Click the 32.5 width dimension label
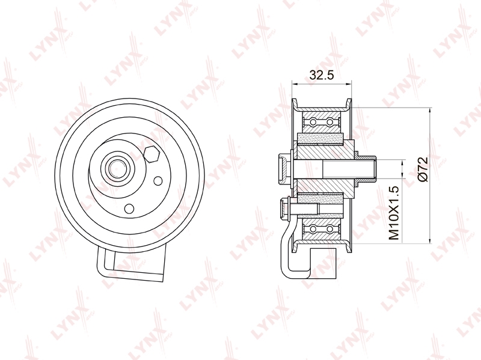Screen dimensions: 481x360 click(x=321, y=75)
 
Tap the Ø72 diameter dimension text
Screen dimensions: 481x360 click(x=423, y=169)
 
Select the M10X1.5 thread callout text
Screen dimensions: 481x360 click(x=394, y=213)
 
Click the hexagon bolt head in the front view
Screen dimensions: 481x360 click(x=152, y=154)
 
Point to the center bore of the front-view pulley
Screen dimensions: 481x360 click(x=116, y=168)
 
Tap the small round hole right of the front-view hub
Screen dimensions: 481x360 click(x=158, y=181)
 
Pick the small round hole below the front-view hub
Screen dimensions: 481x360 click(x=129, y=209)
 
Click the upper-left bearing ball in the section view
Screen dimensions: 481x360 click(x=313, y=123)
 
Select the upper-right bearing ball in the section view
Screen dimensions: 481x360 click(x=329, y=123)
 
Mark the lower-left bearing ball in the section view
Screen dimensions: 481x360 click(x=313, y=229)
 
